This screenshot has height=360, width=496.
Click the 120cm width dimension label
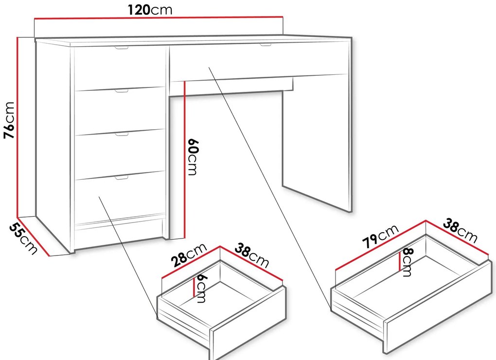[x=150, y=10]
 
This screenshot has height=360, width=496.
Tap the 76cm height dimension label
[x=9, y=120]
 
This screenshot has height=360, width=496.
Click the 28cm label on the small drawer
[x=189, y=255]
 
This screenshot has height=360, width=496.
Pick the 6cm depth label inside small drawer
[x=201, y=288]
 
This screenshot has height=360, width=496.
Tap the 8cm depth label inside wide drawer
[x=407, y=262]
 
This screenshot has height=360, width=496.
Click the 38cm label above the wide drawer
[x=460, y=230]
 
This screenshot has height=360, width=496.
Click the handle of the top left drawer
[x=122, y=48]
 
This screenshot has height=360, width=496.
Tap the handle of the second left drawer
[x=122, y=91]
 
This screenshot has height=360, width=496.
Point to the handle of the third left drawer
[x=122, y=134]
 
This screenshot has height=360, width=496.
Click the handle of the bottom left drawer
[x=122, y=178]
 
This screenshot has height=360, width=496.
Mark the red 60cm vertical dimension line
[x=184, y=160]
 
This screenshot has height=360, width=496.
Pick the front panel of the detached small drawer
[x=248, y=324]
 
